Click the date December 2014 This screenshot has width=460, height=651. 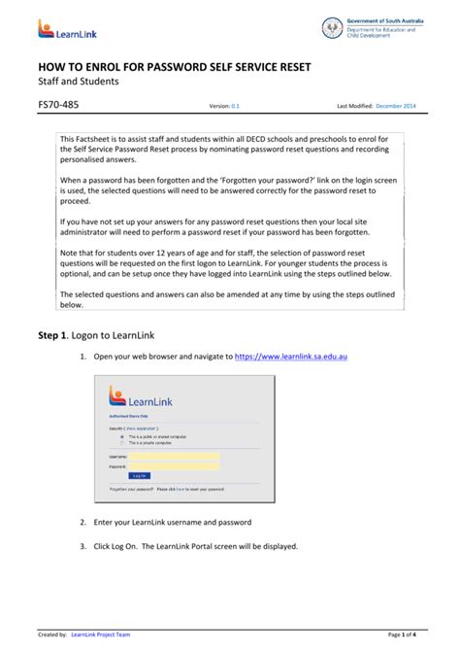click(398, 106)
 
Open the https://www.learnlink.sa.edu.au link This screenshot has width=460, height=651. click(291, 358)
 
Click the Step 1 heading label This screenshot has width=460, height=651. click(56, 335)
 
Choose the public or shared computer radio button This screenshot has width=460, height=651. click(121, 437)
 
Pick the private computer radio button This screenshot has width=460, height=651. click(121, 443)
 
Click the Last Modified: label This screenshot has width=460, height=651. click(354, 106)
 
